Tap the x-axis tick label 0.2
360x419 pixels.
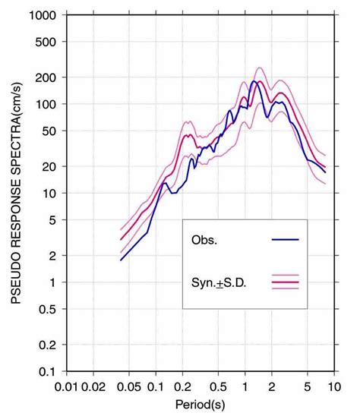tap(182, 387)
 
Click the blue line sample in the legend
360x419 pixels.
tap(285, 240)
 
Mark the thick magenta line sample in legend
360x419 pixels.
tap(285, 282)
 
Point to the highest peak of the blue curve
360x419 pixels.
tap(254, 81)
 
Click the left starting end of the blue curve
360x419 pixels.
tap(120, 260)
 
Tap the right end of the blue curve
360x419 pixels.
tap(325, 172)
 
